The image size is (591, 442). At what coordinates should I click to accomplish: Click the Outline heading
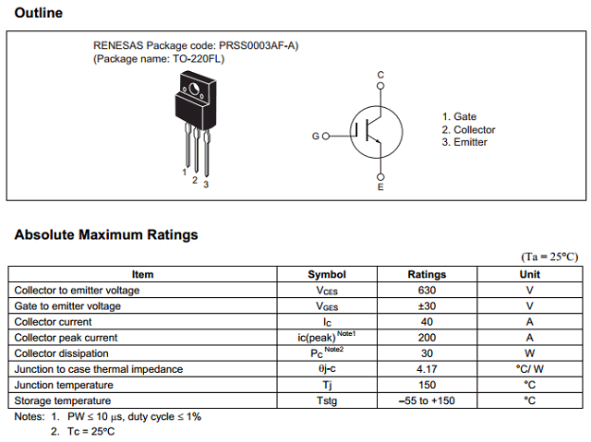tap(39, 13)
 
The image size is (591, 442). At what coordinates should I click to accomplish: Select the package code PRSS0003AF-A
tap(258, 45)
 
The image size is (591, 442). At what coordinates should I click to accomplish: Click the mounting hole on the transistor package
tap(195, 90)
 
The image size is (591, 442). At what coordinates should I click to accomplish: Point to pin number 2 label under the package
tap(195, 180)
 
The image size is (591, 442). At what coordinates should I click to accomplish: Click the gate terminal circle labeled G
tap(326, 136)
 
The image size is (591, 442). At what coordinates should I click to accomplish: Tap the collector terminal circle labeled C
tap(380, 86)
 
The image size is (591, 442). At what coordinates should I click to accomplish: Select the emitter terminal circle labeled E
tap(380, 177)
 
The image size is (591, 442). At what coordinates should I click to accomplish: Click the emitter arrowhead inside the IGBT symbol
tap(378, 141)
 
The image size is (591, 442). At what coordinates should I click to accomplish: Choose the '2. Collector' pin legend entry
tap(468, 130)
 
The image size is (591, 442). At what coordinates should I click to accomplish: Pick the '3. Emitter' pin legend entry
tap(464, 142)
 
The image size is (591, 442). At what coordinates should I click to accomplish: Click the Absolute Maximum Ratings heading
tap(106, 234)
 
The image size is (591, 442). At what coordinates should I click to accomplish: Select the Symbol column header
tap(327, 274)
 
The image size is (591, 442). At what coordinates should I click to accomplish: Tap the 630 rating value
tap(427, 291)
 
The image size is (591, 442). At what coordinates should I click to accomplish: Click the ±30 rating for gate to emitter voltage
tap(427, 306)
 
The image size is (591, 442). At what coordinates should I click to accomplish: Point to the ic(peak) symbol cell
tap(326, 337)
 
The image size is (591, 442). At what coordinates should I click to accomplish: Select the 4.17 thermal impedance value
tap(427, 369)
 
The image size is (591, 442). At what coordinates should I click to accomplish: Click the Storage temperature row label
tap(63, 400)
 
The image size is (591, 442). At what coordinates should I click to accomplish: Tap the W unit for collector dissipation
tap(529, 353)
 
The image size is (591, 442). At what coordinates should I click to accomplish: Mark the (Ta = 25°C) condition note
tap(549, 257)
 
